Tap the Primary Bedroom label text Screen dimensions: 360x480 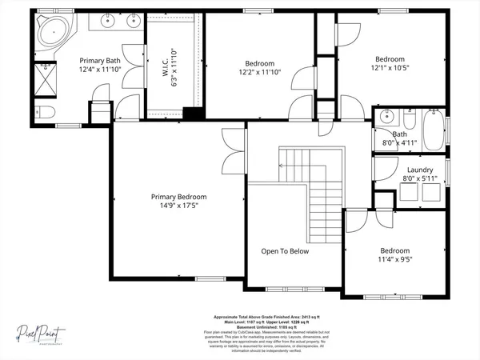[179, 197]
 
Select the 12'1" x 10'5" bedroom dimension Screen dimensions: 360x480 [390, 68]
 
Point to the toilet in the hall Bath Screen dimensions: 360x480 [408, 121]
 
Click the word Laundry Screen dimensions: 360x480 [420, 170]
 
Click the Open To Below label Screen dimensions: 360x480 [285, 251]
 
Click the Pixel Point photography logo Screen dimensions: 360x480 [40, 333]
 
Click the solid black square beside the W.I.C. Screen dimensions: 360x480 [190, 114]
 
